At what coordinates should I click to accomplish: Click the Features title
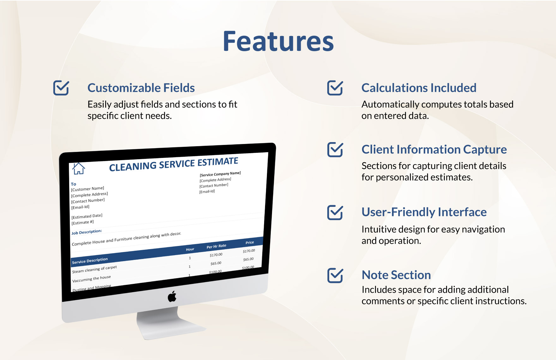point(278,42)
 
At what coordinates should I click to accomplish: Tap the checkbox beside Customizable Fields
point(61,88)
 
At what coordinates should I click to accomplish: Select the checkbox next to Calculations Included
point(335,88)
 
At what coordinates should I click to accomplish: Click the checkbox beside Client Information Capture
point(335,149)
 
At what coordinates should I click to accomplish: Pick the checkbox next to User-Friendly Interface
point(335,212)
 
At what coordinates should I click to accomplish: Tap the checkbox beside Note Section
point(335,275)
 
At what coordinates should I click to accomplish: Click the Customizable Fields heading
point(141,88)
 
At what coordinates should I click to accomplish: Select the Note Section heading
point(396,275)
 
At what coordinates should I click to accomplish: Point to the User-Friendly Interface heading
point(424,212)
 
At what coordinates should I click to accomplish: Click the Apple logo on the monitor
point(172,297)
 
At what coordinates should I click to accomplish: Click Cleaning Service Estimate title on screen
point(173,165)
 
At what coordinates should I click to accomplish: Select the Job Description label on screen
point(87,232)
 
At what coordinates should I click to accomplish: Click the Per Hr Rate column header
point(216,246)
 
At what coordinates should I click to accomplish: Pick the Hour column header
point(190,249)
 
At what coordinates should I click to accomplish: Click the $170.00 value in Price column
point(249,251)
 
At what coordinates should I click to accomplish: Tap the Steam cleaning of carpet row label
point(94,269)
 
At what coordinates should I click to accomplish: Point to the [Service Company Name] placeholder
point(220,174)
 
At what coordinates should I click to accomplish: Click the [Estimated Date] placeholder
point(87,216)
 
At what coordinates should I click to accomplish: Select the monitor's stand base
point(171,328)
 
